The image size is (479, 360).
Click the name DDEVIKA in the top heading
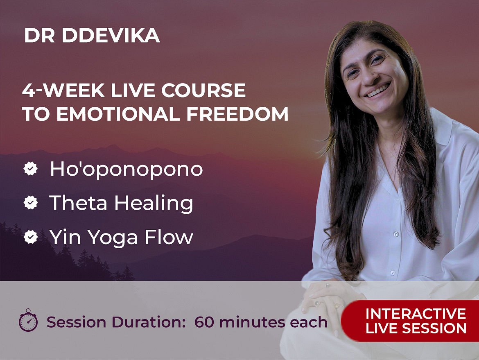[x=111, y=36]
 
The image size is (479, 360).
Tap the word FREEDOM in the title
[x=237, y=114]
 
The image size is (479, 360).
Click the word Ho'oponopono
[x=126, y=169]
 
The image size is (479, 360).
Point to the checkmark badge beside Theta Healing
[x=31, y=202]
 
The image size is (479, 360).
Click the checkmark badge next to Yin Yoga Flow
[x=31, y=237]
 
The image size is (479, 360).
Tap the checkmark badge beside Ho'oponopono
[x=31, y=168]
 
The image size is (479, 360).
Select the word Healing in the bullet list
[x=154, y=203]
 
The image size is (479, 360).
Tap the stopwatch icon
[x=28, y=320]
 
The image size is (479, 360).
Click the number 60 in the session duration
[x=204, y=322]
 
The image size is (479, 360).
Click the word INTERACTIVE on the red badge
[x=416, y=314]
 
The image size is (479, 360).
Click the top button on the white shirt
[x=396, y=234]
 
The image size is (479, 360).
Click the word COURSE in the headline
[x=203, y=90]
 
